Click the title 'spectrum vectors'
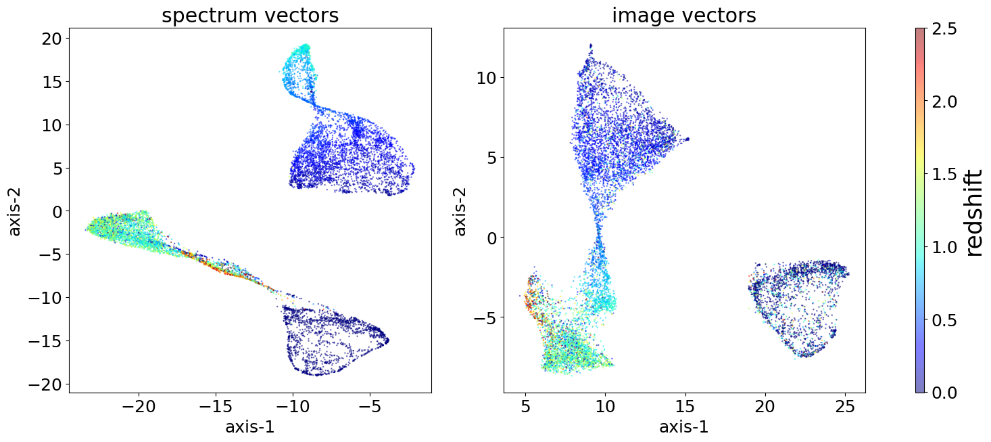pos(250,16)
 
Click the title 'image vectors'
pos(684,16)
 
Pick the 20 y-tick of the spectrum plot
pos(51,39)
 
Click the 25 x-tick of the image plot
pos(845,407)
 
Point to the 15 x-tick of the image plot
pos(685,407)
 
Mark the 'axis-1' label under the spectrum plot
pos(250,428)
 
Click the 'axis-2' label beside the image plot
pos(460,211)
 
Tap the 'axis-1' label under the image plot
pos(684,428)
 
